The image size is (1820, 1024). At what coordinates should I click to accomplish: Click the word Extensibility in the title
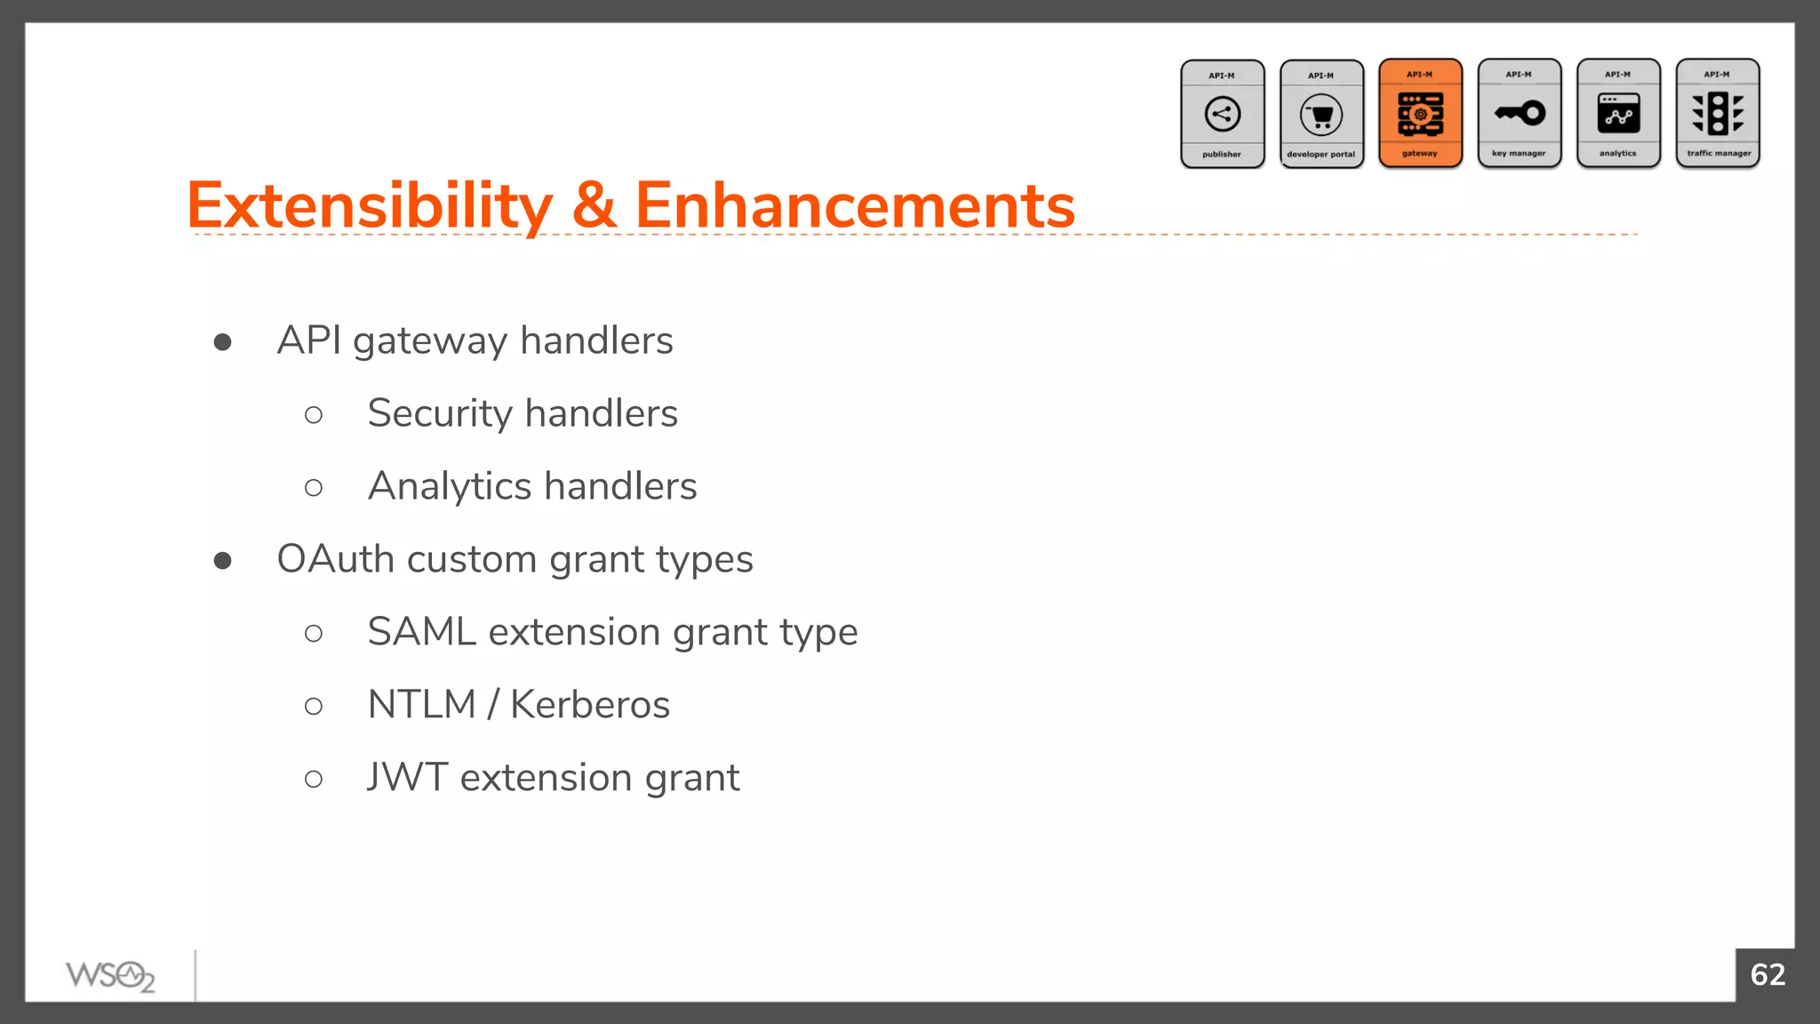click(370, 206)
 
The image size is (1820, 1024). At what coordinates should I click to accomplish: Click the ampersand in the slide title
click(594, 206)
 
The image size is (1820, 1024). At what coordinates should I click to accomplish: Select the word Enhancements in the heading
click(855, 206)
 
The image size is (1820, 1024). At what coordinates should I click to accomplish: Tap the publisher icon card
click(1222, 114)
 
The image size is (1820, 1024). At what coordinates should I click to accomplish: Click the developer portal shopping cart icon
click(1321, 115)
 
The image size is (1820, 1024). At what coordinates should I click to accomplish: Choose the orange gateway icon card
click(1420, 114)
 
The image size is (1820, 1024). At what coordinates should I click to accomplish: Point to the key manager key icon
click(1520, 113)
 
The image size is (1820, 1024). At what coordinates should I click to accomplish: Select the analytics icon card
click(1618, 114)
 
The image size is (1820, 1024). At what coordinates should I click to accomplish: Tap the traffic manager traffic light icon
click(1718, 113)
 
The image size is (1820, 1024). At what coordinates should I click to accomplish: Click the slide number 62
click(1768, 975)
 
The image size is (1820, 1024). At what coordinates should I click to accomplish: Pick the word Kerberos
click(590, 705)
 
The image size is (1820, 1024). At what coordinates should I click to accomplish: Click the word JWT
click(407, 778)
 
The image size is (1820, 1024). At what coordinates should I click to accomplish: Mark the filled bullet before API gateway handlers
click(223, 342)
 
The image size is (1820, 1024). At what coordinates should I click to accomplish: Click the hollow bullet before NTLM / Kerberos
click(314, 707)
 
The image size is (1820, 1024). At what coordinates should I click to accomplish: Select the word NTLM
click(422, 705)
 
